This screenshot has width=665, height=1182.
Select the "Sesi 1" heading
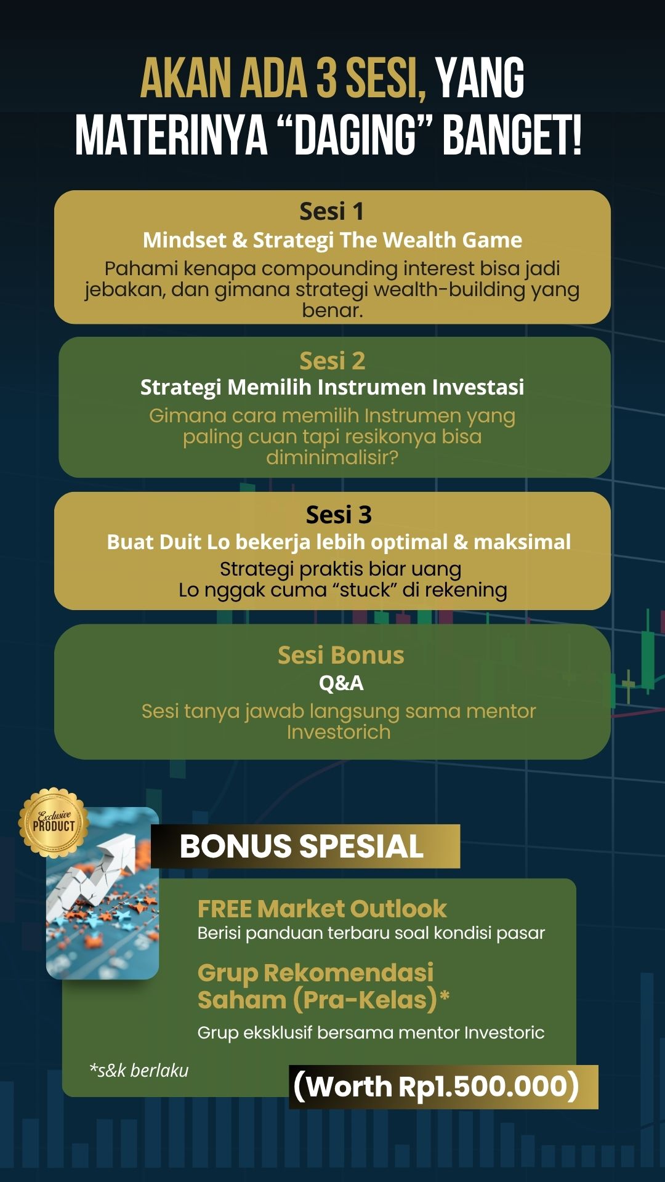[332, 211]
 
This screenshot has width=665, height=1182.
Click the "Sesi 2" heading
[332, 361]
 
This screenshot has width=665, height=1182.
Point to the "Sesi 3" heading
[339, 515]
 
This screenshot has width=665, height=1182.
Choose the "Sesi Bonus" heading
[341, 655]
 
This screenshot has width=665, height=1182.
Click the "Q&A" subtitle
[341, 683]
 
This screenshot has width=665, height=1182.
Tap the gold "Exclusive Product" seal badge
[54, 822]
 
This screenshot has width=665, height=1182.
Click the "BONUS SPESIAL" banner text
[302, 846]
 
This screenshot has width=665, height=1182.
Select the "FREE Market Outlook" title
[322, 909]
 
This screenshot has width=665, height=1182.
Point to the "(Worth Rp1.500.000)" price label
[436, 1087]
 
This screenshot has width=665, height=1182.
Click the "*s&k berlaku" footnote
[139, 1071]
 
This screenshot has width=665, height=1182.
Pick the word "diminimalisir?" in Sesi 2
[332, 457]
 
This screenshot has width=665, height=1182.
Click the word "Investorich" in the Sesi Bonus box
[339, 732]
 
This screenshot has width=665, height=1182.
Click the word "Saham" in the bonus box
[242, 1000]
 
